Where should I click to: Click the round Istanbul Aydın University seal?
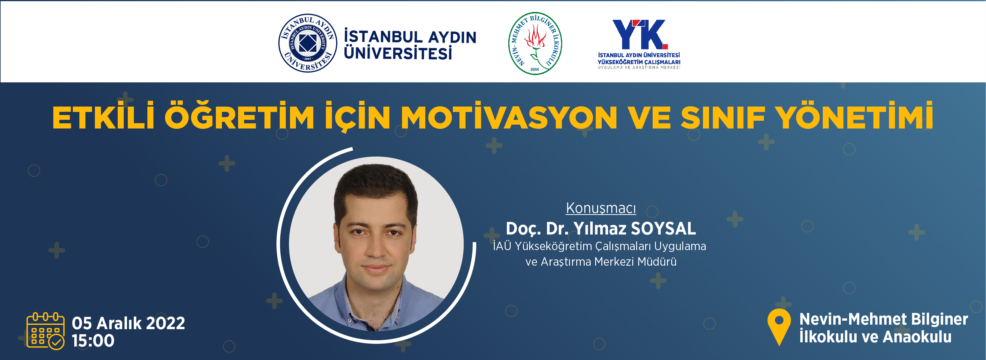[308, 43]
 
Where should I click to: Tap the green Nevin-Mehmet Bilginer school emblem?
[535, 43]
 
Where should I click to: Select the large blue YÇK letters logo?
[640, 34]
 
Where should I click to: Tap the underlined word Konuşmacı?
[601, 208]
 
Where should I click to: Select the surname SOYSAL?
[663, 229]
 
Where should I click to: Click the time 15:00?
[93, 341]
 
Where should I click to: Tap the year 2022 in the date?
[165, 323]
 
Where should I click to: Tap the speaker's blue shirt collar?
[377, 302]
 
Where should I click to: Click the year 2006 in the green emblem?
[535, 69]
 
